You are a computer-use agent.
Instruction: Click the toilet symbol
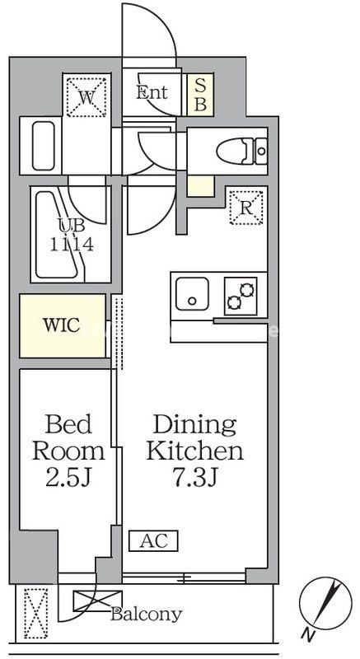coord(241,150)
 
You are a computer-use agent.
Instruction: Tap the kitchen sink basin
coord(192,294)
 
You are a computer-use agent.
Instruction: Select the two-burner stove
coord(241,297)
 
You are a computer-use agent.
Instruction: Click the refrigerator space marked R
coord(246,208)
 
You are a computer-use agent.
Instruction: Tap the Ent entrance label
coord(152,92)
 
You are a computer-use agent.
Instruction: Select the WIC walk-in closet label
coord(61,325)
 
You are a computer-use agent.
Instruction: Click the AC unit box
coord(154,540)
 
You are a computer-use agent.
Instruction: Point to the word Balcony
coord(146,615)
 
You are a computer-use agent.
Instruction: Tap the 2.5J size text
coord(68,479)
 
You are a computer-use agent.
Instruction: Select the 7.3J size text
coord(194,479)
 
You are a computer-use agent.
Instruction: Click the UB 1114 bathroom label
coord(72,236)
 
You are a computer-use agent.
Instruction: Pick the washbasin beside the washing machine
coord(44,146)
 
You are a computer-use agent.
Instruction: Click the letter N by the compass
coord(309,633)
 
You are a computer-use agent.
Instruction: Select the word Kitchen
coord(194,451)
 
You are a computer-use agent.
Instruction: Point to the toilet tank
coord(261,150)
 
